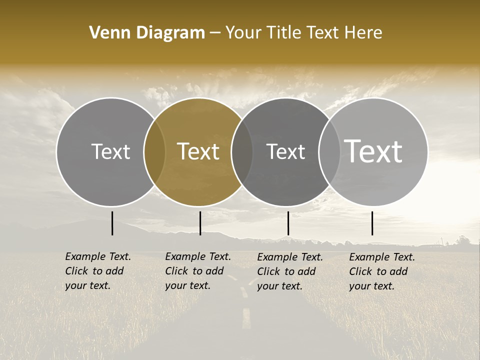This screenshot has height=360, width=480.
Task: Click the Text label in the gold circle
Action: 198,151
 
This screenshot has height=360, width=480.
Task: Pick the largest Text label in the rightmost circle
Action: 373,151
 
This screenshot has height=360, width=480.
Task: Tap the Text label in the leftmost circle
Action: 110,151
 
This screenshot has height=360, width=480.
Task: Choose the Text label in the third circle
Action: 285,151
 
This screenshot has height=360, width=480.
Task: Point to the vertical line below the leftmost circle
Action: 112,223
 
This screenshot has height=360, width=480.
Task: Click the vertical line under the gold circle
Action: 200,223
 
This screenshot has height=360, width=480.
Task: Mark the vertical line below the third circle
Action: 288,223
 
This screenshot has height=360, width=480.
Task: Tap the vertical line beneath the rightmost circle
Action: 372,223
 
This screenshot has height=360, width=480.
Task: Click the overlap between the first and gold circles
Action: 154,151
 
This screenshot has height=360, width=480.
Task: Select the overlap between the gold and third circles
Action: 242,151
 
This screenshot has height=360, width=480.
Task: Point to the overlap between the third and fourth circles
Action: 329,151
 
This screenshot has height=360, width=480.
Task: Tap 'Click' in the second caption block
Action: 176,271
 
